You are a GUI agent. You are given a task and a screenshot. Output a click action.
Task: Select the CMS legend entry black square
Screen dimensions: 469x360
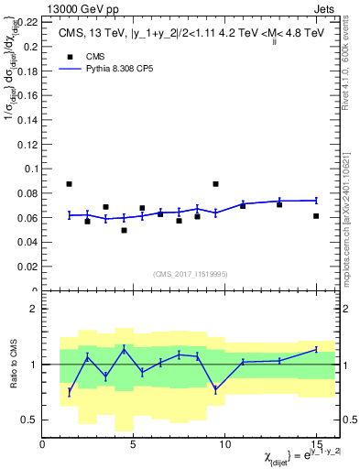(x=68, y=55)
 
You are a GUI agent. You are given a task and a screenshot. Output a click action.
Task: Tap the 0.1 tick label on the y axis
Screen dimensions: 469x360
(x=31, y=169)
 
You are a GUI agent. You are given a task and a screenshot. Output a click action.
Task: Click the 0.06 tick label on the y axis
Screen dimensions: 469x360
(x=28, y=218)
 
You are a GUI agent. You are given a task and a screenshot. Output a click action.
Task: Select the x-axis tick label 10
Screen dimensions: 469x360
(x=224, y=443)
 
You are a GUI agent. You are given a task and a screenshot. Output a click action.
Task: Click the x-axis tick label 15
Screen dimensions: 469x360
(x=315, y=443)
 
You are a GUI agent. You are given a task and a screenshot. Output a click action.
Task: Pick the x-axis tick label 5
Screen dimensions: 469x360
(x=134, y=443)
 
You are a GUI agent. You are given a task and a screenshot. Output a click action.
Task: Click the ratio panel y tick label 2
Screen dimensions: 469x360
(x=33, y=309)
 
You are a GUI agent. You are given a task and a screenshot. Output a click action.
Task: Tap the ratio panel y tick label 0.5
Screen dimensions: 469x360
(x=29, y=420)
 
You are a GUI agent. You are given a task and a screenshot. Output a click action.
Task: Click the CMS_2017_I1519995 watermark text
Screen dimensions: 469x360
(x=190, y=273)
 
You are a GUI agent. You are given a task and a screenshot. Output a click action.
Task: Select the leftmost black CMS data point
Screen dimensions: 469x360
(x=70, y=184)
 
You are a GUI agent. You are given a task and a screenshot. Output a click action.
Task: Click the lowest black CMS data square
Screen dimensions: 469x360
(x=124, y=230)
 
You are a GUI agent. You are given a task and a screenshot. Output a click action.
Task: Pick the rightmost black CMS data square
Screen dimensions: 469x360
(x=316, y=216)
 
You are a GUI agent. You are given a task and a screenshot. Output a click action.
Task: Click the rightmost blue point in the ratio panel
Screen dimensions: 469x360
(x=316, y=349)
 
